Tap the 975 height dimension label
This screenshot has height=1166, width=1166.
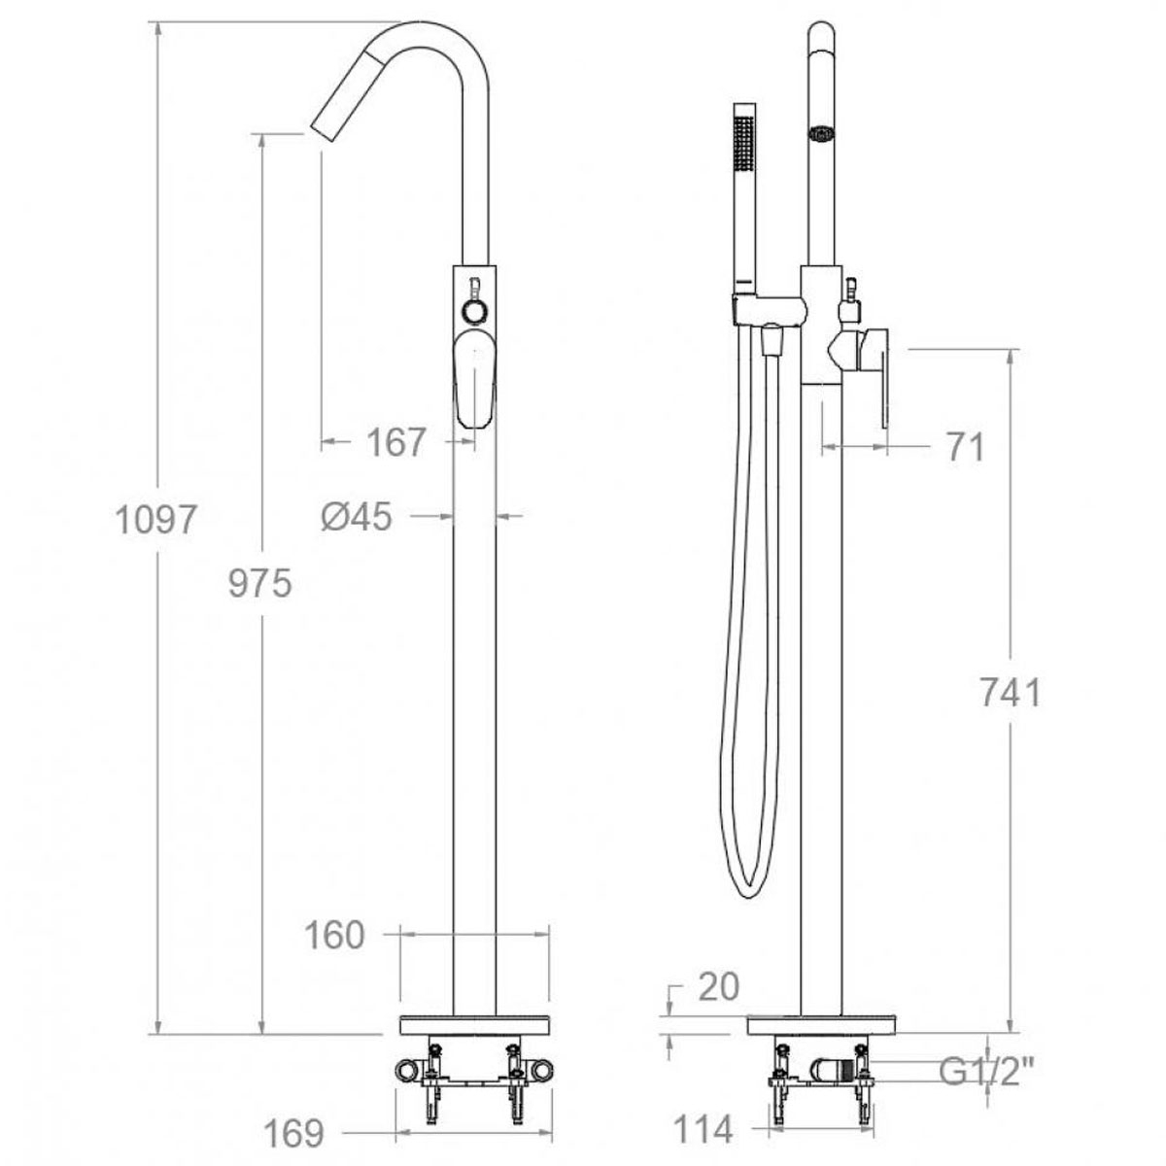[260, 584]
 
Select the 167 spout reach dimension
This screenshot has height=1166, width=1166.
[396, 442]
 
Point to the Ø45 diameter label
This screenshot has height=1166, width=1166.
[357, 517]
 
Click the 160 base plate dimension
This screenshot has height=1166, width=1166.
[334, 935]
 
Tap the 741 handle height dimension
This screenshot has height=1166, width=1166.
[1011, 692]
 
